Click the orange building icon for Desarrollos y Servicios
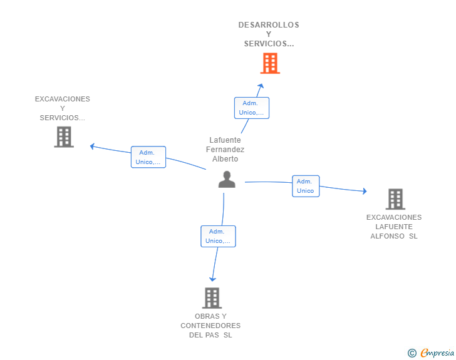click(x=270, y=63)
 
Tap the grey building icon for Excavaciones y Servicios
click(x=64, y=136)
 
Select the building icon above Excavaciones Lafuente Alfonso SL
click(x=395, y=199)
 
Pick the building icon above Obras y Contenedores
click(x=212, y=298)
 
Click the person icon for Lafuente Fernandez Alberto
click(x=227, y=179)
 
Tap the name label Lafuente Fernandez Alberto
click(x=225, y=150)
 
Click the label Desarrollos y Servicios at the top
click(x=269, y=34)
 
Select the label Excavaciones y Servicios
click(x=63, y=108)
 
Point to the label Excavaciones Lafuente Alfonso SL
click(x=394, y=227)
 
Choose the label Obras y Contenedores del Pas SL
click(x=210, y=326)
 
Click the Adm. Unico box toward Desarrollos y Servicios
click(x=252, y=108)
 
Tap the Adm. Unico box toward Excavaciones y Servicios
click(x=148, y=157)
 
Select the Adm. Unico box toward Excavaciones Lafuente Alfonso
click(x=306, y=186)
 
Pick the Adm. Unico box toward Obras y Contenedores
click(x=218, y=236)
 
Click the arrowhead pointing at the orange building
click(x=262, y=86)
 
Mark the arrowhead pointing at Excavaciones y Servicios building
click(x=92, y=147)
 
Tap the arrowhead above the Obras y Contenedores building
click(x=213, y=279)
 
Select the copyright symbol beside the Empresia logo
click(x=412, y=353)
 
